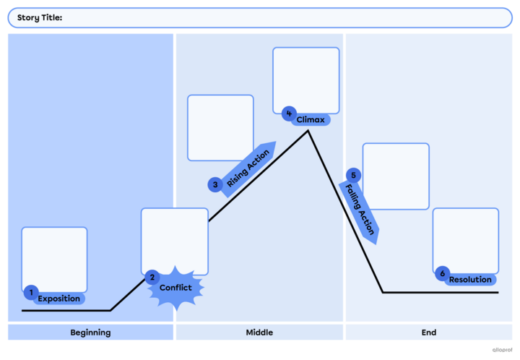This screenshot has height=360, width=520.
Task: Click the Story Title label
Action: (x=40, y=17)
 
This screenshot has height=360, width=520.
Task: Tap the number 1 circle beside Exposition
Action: (x=30, y=292)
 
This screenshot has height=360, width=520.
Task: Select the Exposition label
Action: (x=59, y=299)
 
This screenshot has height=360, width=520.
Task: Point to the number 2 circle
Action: (x=152, y=277)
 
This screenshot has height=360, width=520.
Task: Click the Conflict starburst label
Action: (x=175, y=288)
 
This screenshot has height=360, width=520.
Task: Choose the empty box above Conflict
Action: (x=174, y=239)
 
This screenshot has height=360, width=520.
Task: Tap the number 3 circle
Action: (x=215, y=185)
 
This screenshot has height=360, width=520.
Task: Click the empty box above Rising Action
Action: (x=220, y=127)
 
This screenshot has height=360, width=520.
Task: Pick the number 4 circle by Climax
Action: (x=289, y=113)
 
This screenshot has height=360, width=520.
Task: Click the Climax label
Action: (x=311, y=119)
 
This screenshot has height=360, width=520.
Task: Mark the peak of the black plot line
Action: (x=308, y=131)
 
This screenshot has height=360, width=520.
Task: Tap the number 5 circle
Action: (x=353, y=175)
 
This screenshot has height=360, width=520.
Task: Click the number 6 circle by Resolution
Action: (x=443, y=273)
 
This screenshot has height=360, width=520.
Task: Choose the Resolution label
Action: (x=470, y=280)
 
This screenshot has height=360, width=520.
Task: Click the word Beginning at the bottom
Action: (x=90, y=333)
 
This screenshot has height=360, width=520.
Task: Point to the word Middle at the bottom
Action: (x=259, y=333)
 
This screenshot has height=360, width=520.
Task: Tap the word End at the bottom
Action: (x=428, y=333)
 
